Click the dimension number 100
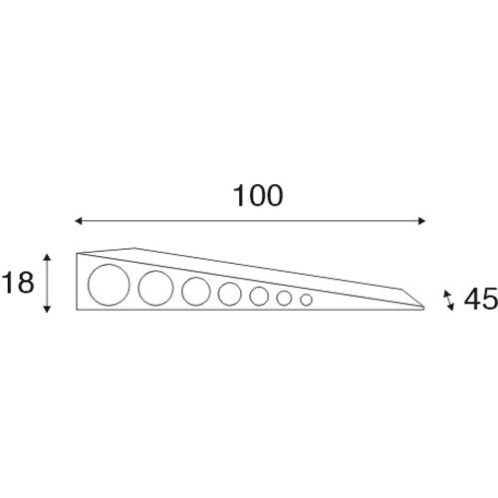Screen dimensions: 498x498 click(258, 195)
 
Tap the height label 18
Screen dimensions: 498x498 click(18, 283)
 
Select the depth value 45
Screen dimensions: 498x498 click(479, 299)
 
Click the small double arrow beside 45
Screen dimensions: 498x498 click(448, 297)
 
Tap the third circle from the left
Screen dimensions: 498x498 click(195, 291)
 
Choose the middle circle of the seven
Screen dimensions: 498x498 click(230, 294)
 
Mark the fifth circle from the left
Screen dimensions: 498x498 click(260, 296)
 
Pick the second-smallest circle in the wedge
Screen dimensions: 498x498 click(285, 298)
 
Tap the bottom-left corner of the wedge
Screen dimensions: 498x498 click(78, 312)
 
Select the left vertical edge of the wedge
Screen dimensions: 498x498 click(77, 284)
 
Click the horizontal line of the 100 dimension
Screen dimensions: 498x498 click(249, 221)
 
